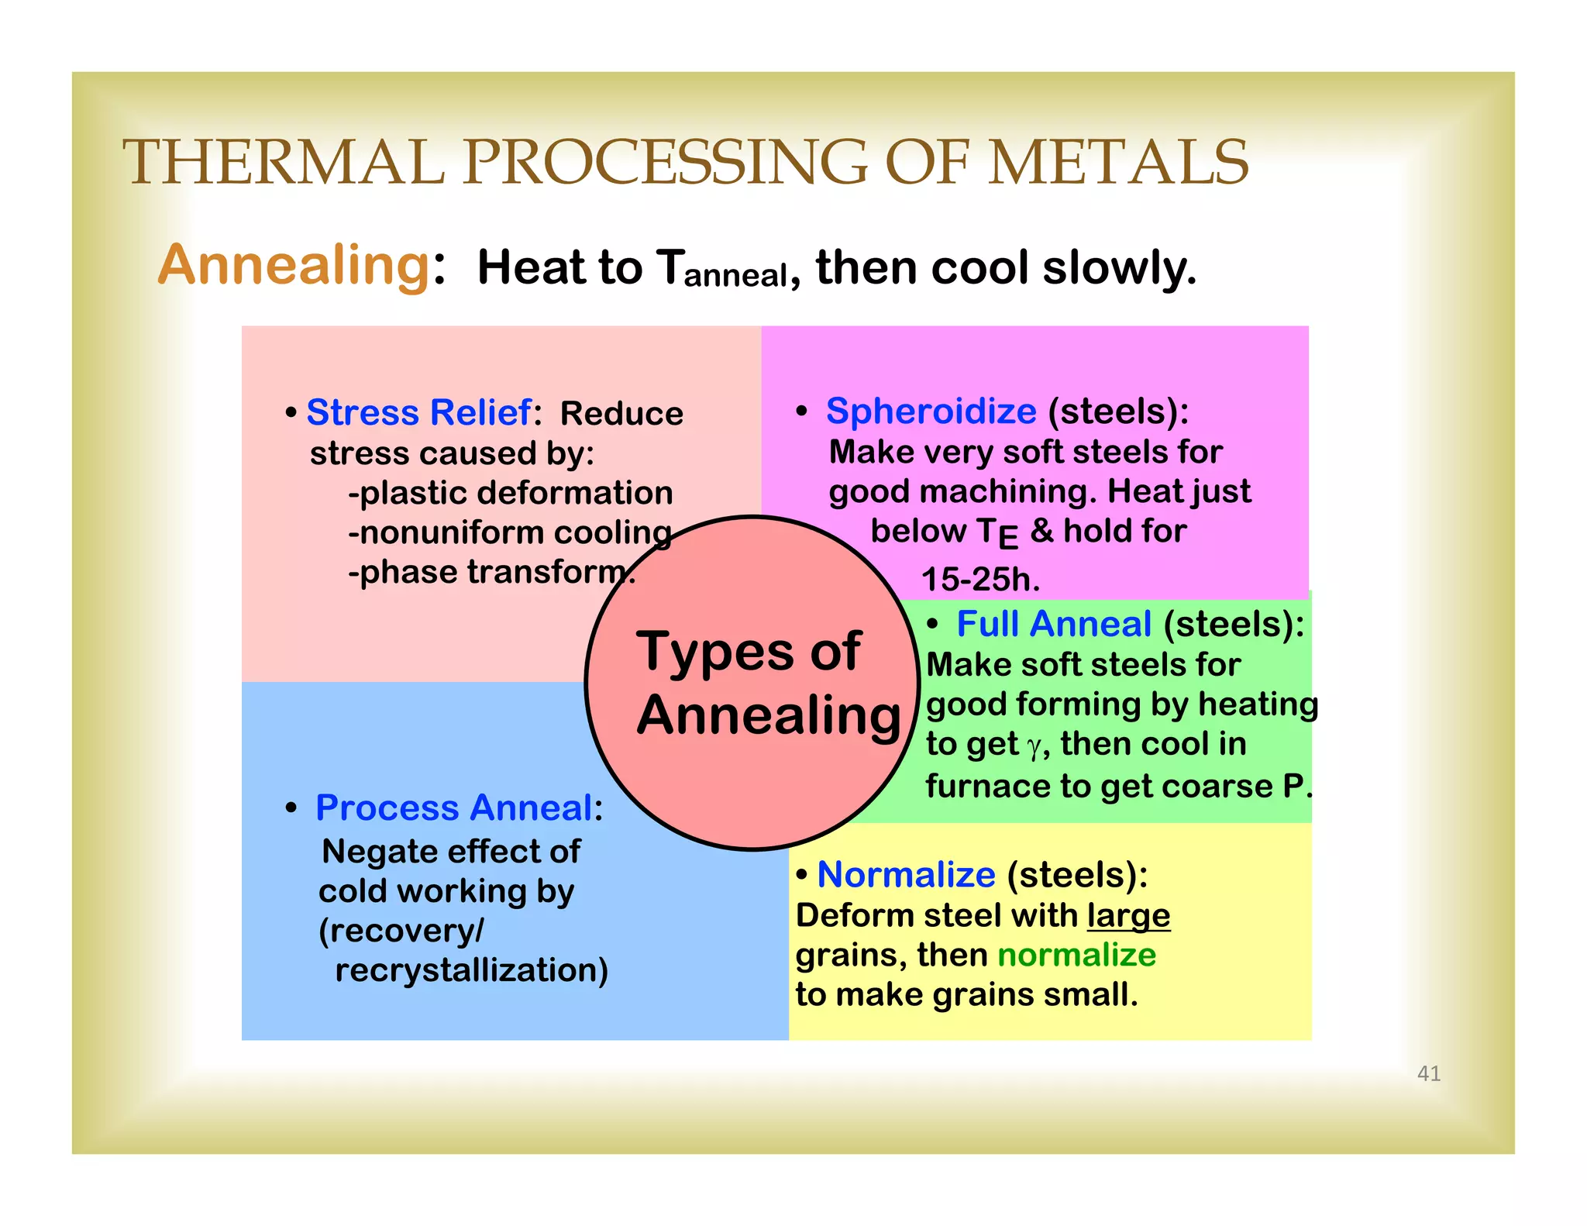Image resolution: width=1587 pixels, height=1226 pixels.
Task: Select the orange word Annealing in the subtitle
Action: click(294, 266)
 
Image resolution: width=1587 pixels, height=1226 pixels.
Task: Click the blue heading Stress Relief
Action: click(418, 412)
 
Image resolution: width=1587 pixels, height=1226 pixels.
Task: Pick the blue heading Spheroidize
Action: click(931, 411)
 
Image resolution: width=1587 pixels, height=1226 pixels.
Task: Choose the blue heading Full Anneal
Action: click(1054, 624)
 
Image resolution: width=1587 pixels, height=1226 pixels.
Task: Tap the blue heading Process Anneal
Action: click(454, 808)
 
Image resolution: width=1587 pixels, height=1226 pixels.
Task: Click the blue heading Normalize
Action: click(906, 875)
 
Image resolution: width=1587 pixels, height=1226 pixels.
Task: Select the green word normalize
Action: click(1076, 955)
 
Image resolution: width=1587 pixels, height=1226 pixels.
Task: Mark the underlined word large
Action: click(1127, 916)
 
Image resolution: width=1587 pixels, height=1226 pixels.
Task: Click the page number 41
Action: click(1428, 1073)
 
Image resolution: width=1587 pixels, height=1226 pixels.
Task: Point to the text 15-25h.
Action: click(980, 580)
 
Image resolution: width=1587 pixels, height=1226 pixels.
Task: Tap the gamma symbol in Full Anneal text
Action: click(1034, 747)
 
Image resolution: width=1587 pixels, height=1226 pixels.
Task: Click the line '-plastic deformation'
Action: click(511, 493)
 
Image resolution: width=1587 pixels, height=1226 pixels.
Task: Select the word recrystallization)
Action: click(471, 970)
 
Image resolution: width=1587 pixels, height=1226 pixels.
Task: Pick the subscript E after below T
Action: click(1008, 537)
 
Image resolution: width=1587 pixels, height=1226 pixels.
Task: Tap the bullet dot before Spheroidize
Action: click(802, 412)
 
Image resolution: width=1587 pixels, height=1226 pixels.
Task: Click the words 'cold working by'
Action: click(446, 891)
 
